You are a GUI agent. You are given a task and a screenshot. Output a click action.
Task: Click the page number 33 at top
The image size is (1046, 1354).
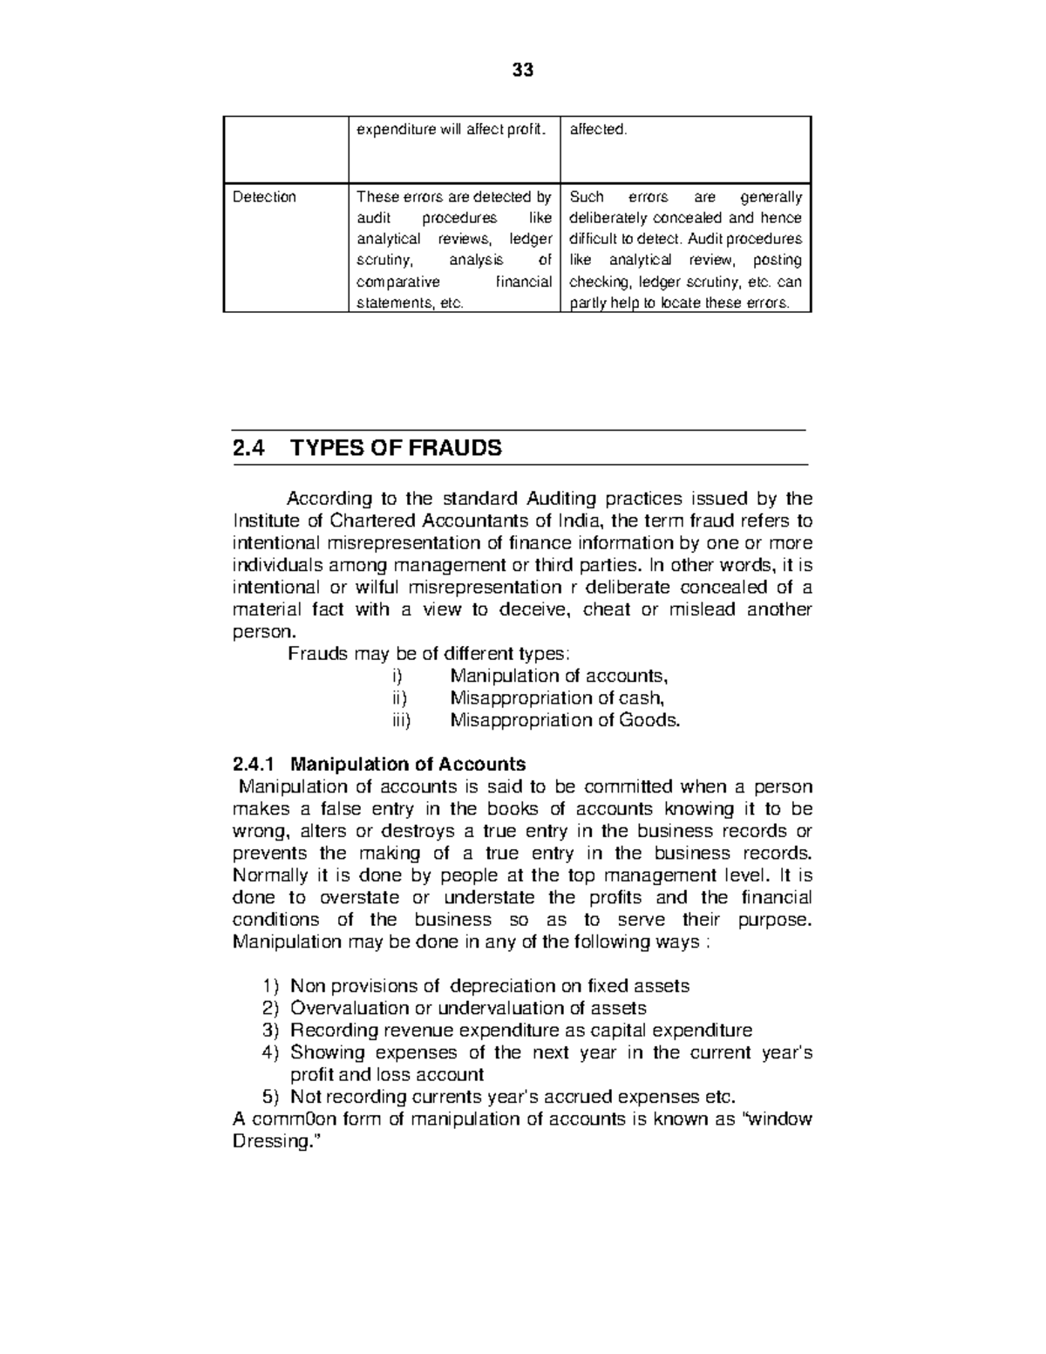[522, 71]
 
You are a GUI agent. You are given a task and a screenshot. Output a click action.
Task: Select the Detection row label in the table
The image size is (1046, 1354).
[264, 197]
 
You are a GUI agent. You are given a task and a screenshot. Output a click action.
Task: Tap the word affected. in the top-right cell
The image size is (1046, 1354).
[598, 130]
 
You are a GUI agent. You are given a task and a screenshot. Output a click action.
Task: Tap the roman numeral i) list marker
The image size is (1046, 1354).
[398, 676]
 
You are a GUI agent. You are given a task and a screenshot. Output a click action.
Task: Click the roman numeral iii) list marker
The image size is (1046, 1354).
[400, 720]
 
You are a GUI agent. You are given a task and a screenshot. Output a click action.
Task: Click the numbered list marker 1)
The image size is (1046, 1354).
[270, 986]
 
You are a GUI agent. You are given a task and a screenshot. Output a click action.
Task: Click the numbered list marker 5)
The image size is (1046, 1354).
[270, 1097]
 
